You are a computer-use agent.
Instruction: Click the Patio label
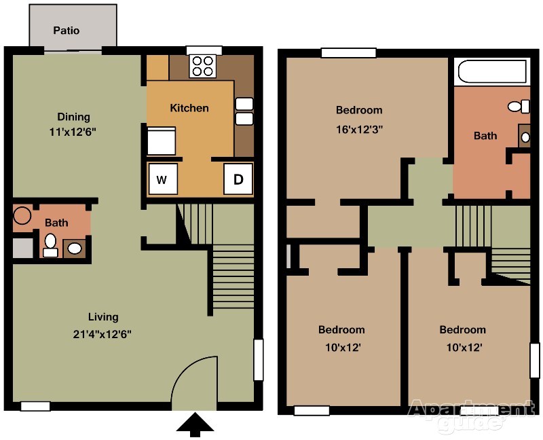pyautogui.click(x=66, y=31)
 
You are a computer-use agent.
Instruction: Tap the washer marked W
pyautogui.click(x=162, y=179)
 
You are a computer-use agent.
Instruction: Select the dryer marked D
pyautogui.click(x=238, y=179)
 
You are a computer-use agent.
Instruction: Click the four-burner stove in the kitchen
pyautogui.click(x=202, y=66)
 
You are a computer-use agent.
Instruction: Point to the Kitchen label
pyautogui.click(x=189, y=108)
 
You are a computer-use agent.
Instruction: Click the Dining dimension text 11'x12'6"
pyautogui.click(x=73, y=132)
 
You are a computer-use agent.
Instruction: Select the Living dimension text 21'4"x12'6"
pyautogui.click(x=102, y=334)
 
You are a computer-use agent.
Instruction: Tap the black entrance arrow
pyautogui.click(x=195, y=424)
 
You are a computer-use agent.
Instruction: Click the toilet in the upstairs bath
pyautogui.click(x=519, y=106)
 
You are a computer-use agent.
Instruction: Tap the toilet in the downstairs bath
pyautogui.click(x=50, y=245)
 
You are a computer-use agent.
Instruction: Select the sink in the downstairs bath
pyautogui.click(x=75, y=248)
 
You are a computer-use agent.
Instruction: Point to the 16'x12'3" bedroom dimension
pyautogui.click(x=359, y=130)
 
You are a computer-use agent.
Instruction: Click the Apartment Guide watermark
pyautogui.click(x=471, y=415)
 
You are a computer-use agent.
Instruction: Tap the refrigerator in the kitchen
pyautogui.click(x=162, y=141)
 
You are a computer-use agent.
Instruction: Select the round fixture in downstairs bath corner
pyautogui.click(x=22, y=215)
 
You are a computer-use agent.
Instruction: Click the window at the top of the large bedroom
pyautogui.click(x=348, y=53)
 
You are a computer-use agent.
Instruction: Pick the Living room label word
pyautogui.click(x=103, y=317)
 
